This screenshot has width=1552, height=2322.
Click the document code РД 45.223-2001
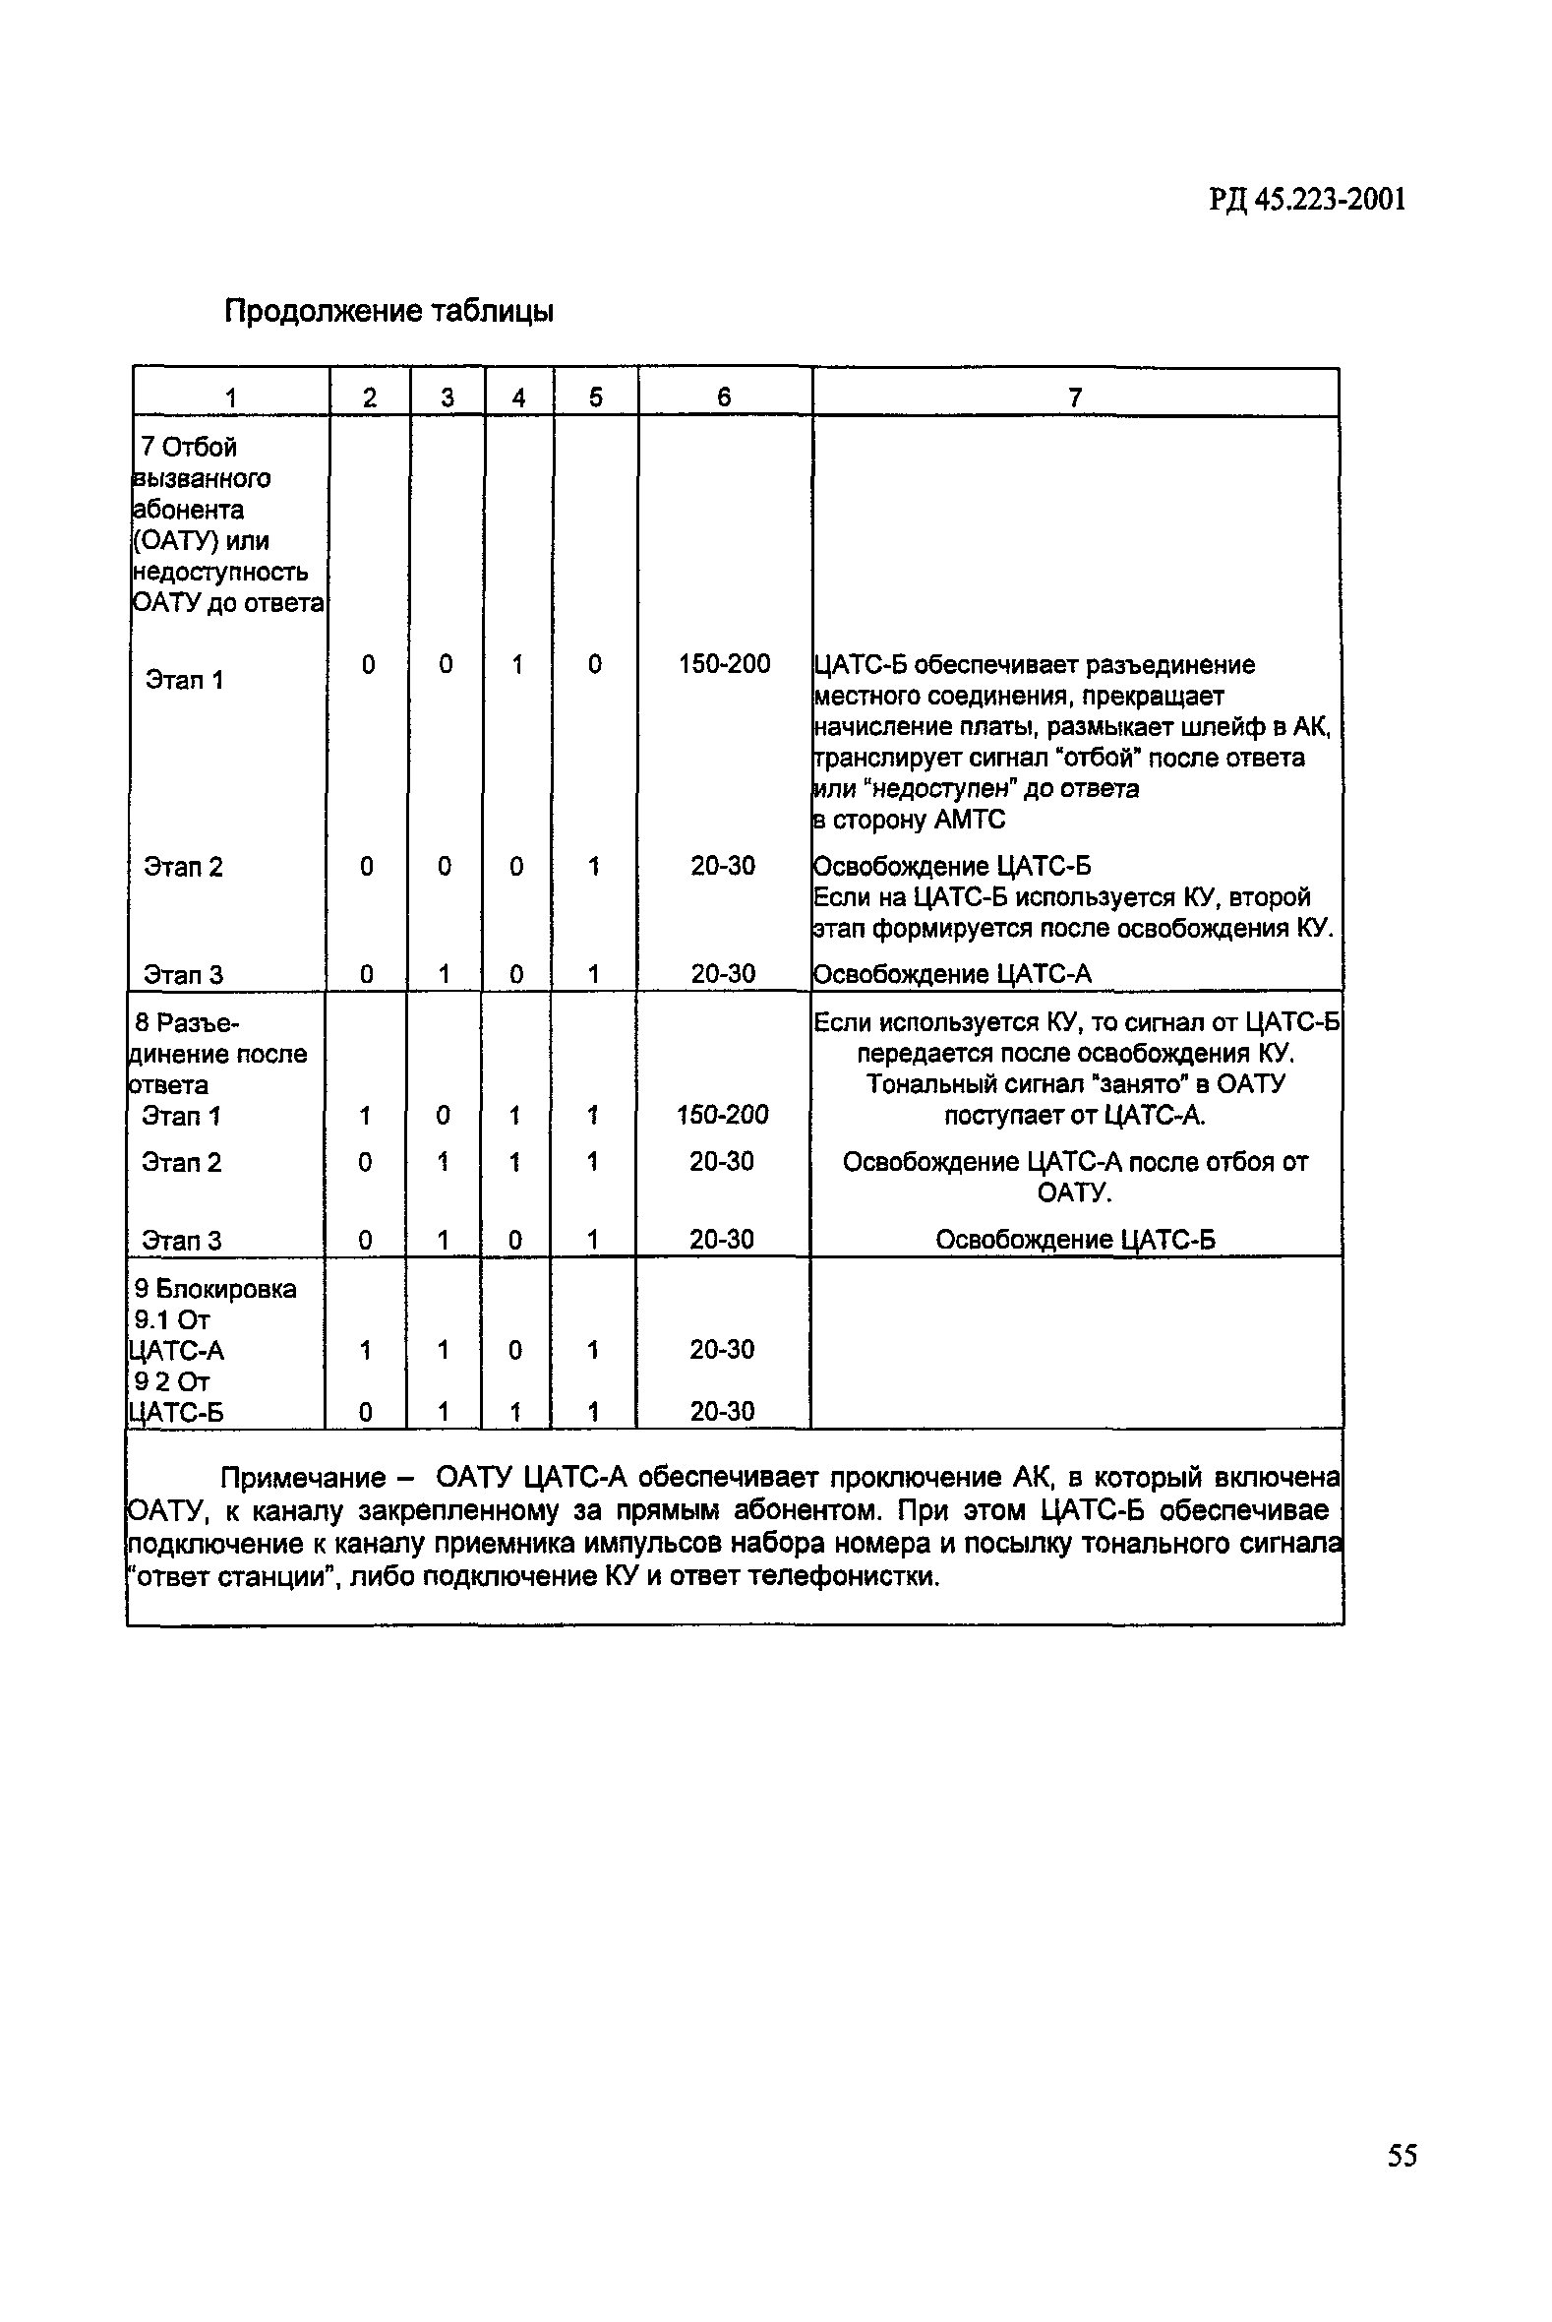[1305, 201]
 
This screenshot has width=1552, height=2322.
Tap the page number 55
[1402, 2155]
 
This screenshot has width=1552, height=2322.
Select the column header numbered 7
[1075, 397]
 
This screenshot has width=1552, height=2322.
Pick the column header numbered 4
[517, 397]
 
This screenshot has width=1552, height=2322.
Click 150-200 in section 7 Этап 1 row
[724, 663]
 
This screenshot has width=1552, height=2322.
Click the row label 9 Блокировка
[214, 1288]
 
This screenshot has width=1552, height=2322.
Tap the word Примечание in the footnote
[302, 1478]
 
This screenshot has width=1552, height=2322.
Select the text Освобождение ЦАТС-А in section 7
[951, 974]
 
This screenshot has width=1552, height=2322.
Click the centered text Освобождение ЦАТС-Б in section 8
[1075, 1240]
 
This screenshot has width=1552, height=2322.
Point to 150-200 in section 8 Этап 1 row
[722, 1115]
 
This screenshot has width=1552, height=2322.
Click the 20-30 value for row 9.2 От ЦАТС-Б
[722, 1411]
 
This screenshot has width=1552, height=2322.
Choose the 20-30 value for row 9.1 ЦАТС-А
[722, 1349]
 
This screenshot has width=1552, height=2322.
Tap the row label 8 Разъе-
[187, 1022]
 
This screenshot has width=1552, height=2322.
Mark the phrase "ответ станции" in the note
[230, 1575]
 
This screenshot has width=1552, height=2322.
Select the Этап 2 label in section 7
[183, 867]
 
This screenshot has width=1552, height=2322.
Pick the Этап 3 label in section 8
[181, 1240]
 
